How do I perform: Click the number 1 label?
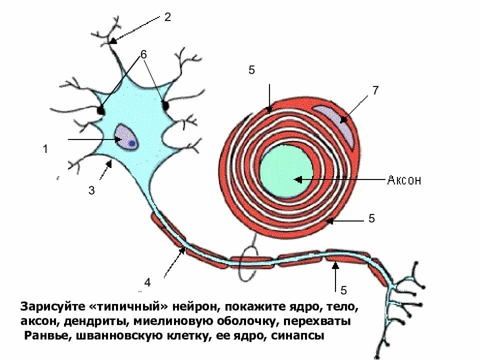coord(45,149)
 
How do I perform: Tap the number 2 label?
coord(167,17)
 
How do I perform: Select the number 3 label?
coord(91,190)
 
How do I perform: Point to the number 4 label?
coord(147,283)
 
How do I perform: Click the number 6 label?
coord(143,55)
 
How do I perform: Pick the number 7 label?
coord(375,90)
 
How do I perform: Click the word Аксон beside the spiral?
coord(404,180)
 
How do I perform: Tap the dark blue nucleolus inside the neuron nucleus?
coord(131,143)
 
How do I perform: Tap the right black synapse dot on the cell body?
coord(165,105)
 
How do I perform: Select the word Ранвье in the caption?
coord(48,336)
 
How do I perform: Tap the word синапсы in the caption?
coord(298,336)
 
